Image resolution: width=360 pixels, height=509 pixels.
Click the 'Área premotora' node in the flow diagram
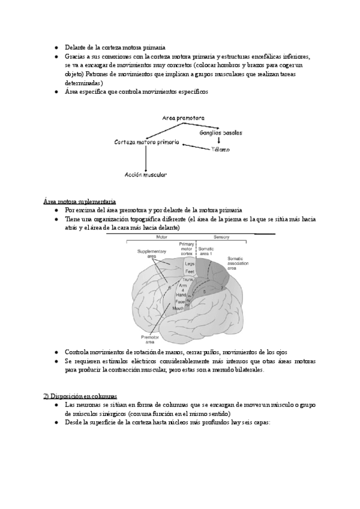click(x=183, y=118)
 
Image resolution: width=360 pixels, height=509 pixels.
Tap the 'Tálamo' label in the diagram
click(x=220, y=149)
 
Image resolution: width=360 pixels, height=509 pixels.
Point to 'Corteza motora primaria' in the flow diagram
click(x=146, y=142)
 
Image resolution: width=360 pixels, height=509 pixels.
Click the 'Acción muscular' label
click(x=146, y=175)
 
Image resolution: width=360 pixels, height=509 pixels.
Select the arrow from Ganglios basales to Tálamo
click(x=218, y=140)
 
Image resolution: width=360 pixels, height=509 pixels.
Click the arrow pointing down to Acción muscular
click(x=146, y=158)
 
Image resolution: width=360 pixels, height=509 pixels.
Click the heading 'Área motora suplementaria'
click(x=80, y=201)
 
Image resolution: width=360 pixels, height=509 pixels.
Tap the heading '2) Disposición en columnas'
click(x=80, y=396)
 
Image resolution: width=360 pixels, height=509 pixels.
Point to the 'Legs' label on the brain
click(x=189, y=264)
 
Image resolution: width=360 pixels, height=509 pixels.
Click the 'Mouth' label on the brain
click(x=178, y=308)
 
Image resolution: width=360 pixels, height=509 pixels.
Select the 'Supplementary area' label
click(x=147, y=254)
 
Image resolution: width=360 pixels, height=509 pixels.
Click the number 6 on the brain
click(x=170, y=289)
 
